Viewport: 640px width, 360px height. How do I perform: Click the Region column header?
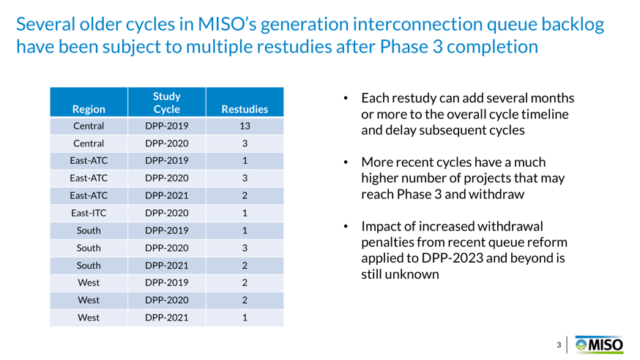coord(89,109)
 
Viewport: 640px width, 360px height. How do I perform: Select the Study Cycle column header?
coord(166,102)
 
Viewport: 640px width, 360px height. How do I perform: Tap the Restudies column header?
coord(245,109)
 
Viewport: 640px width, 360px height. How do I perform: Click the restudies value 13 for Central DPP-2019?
coord(245,126)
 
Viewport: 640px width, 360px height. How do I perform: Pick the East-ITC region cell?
coord(89,213)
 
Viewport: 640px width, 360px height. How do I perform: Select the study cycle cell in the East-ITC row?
coord(166,213)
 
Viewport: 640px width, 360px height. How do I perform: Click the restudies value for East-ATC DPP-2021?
coord(245,195)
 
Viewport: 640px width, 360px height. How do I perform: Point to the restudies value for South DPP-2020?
coord(245,248)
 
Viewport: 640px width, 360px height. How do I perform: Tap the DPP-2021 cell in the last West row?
coord(166,318)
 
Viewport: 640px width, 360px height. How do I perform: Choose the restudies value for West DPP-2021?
coord(245,318)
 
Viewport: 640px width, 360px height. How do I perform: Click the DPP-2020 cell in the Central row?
coord(166,143)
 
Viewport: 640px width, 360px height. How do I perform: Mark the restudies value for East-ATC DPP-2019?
coord(245,161)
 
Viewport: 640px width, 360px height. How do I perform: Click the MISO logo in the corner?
coord(599,345)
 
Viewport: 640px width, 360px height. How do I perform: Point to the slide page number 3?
coord(559,345)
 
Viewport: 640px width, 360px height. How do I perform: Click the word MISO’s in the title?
coord(227,24)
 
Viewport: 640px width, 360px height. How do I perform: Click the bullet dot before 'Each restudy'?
coord(346,98)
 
